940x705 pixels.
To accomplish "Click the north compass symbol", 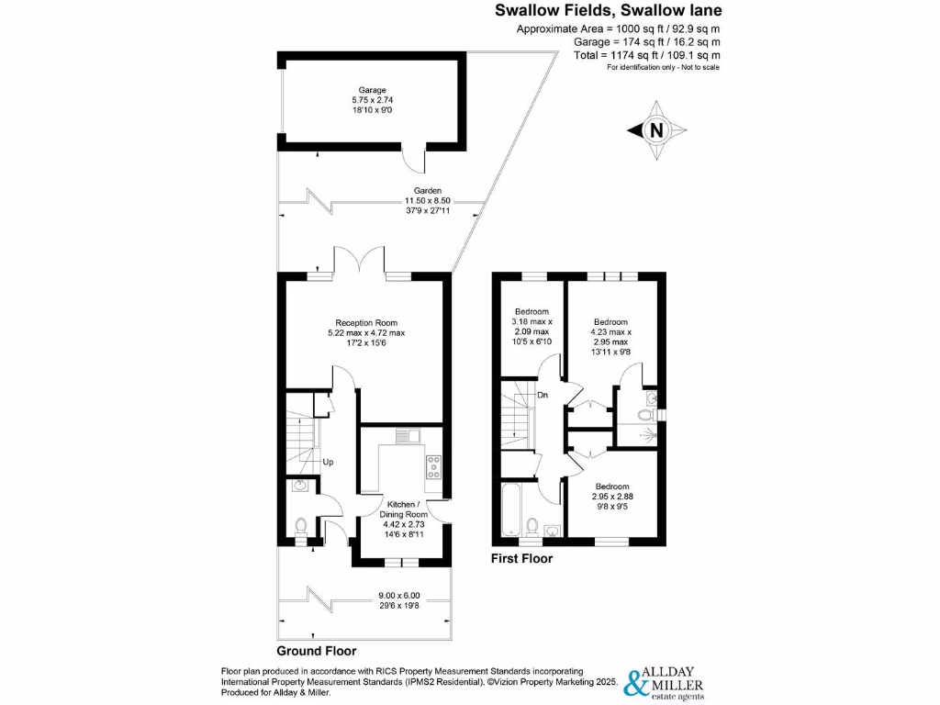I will tap(655, 130).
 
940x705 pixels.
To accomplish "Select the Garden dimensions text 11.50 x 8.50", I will tap(423, 201).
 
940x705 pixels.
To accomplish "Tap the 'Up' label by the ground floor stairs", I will tap(327, 462).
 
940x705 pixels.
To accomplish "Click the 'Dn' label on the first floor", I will tap(543, 396).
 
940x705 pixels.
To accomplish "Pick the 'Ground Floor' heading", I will tap(316, 651).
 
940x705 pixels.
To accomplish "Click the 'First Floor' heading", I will tap(522, 557).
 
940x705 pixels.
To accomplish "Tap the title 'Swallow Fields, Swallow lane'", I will tap(608, 11).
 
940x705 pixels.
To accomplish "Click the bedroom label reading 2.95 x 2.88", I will tap(611, 496).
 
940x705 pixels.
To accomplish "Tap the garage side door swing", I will tap(415, 160).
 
